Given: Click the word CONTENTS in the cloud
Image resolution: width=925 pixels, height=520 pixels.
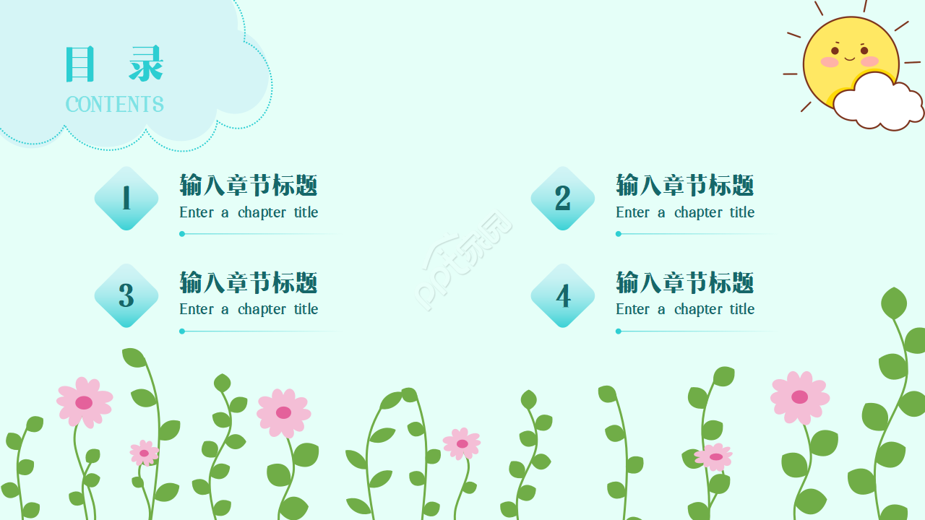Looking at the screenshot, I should (x=115, y=105).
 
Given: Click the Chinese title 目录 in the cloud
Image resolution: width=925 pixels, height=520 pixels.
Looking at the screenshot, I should (x=115, y=64).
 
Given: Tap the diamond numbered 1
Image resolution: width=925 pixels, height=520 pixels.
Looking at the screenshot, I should (x=126, y=199).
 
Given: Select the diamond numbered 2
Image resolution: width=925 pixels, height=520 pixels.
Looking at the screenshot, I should (x=563, y=199).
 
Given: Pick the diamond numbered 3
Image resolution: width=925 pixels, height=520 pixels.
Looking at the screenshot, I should (x=126, y=295).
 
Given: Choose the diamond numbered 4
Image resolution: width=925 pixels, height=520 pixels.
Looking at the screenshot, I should (x=563, y=295).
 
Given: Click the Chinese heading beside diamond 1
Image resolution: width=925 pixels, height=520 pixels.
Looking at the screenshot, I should (x=249, y=186).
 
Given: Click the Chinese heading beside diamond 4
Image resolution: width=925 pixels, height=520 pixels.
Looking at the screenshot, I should (x=685, y=282).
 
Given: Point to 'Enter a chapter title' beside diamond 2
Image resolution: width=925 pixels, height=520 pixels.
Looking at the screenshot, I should (x=685, y=212).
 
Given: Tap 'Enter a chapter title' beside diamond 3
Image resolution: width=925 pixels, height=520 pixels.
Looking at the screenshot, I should (x=249, y=309).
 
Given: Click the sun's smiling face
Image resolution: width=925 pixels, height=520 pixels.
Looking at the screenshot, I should (x=849, y=54).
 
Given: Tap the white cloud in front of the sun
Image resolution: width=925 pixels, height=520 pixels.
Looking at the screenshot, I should (x=877, y=103).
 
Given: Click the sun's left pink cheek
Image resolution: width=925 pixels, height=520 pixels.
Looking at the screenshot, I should (x=830, y=62).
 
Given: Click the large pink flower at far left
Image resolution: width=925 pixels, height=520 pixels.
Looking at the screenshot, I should (x=85, y=402).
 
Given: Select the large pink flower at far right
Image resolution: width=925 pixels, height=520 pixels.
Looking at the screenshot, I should (x=799, y=396).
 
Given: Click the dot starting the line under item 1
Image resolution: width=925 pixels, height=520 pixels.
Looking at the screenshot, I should (x=182, y=234).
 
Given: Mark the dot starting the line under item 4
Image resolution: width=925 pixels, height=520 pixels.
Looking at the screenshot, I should (x=619, y=331).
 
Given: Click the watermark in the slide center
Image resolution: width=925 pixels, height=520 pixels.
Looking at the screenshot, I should (x=466, y=260).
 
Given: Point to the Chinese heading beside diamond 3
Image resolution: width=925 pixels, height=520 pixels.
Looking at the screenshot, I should (x=249, y=282).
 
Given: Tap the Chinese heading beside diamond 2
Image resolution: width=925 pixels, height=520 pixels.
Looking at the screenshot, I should (x=685, y=186).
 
